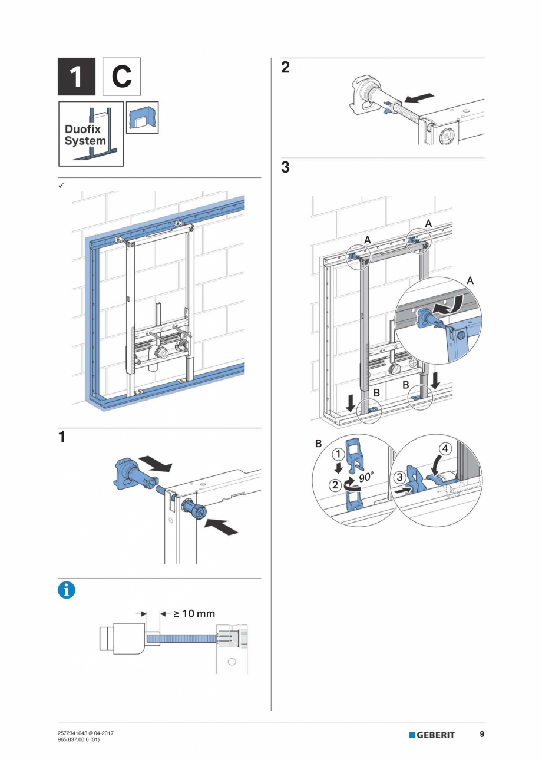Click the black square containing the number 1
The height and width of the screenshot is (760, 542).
[76, 77]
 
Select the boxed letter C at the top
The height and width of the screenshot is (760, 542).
[121, 77]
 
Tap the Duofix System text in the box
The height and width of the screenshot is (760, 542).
[85, 135]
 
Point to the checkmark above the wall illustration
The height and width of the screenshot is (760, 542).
[61, 185]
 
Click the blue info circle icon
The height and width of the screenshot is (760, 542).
[67, 590]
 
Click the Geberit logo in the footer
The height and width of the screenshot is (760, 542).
[432, 735]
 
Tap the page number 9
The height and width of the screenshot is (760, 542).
[482, 734]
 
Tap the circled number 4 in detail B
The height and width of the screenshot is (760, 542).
[446, 448]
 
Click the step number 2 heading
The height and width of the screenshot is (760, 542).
[285, 67]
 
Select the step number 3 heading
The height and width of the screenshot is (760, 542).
[285, 167]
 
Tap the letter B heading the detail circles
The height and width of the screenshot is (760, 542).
[319, 442]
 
